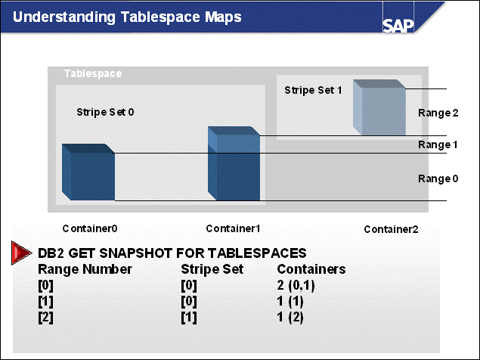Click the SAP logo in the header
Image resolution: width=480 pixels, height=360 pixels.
point(398,26)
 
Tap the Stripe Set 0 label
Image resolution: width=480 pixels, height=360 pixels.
point(105,112)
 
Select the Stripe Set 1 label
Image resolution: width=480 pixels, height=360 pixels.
point(313,90)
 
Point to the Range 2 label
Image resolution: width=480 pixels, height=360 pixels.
point(438,113)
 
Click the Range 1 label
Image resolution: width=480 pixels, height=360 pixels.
point(438,144)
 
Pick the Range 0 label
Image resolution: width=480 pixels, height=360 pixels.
point(438,178)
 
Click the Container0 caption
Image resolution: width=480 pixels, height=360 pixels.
point(90,228)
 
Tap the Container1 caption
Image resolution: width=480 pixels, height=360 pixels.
point(233,228)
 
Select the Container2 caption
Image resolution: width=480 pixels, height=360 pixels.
point(391,229)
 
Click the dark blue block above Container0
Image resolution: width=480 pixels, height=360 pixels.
point(88,172)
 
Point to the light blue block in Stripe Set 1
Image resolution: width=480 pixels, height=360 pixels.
point(379,107)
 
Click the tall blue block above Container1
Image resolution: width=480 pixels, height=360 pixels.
point(234,163)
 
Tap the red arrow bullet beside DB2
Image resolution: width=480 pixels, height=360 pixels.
point(21,253)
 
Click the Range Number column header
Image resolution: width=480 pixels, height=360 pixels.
point(85,269)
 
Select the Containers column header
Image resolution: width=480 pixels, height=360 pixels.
point(311,269)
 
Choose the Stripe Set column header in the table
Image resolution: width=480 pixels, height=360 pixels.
point(212,269)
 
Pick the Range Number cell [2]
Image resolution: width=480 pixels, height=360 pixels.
point(45,318)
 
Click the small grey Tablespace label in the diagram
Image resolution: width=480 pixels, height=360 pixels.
point(93,74)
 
